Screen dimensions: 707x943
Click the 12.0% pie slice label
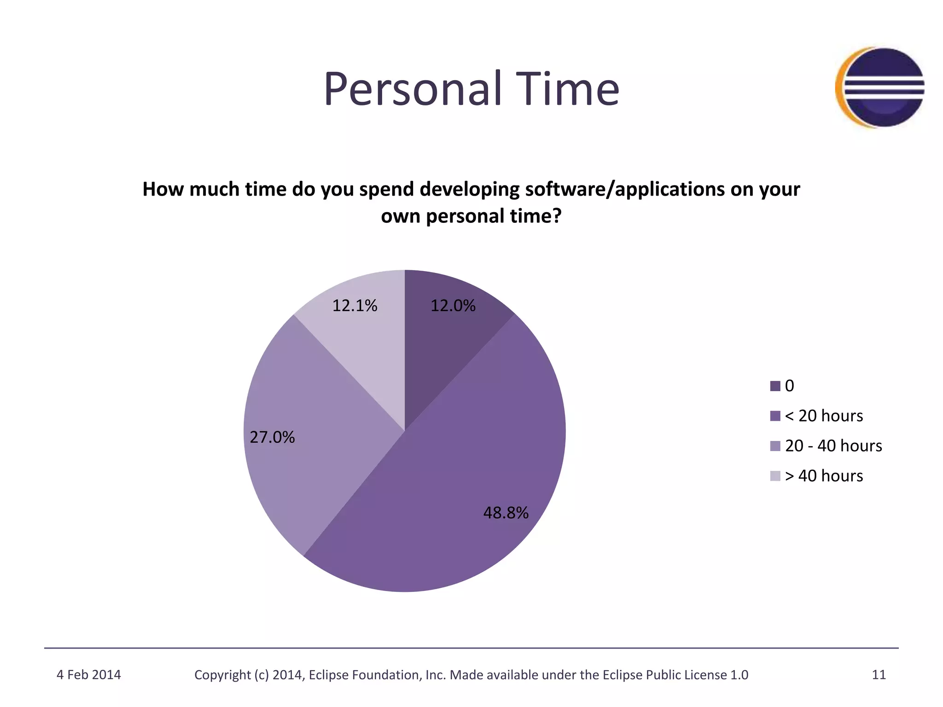(x=453, y=306)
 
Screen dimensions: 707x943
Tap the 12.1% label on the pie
(x=355, y=306)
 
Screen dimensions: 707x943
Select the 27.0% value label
(x=272, y=437)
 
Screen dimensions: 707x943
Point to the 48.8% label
(x=506, y=513)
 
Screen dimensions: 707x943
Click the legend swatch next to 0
(x=775, y=386)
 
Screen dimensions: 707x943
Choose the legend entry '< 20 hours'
(x=824, y=416)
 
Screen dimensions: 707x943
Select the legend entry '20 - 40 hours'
(x=833, y=446)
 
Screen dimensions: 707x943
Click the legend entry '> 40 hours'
(x=824, y=475)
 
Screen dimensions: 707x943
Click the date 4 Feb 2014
(x=88, y=675)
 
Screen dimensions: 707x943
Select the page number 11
(x=879, y=675)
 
